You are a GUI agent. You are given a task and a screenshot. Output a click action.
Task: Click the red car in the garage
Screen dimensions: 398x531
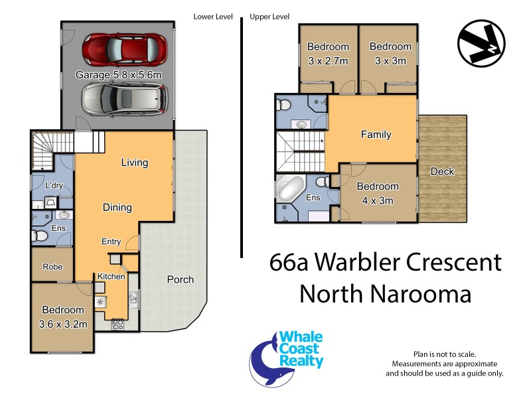(x=124, y=48)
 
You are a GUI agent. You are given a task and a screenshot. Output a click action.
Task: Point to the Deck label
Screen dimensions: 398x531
(x=442, y=171)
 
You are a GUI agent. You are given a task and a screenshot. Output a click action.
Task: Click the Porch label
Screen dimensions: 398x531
(x=180, y=279)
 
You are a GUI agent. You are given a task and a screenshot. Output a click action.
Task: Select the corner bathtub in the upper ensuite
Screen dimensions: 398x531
(x=289, y=190)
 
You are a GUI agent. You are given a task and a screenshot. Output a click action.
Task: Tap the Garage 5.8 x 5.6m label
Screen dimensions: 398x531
(x=119, y=75)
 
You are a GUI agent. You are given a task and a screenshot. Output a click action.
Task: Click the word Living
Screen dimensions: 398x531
(x=135, y=163)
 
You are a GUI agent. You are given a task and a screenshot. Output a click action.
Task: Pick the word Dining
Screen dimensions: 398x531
(x=117, y=207)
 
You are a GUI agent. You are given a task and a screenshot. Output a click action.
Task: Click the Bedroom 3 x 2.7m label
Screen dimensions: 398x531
(x=328, y=53)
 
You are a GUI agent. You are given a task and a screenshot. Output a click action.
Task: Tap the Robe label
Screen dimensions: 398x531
(x=52, y=267)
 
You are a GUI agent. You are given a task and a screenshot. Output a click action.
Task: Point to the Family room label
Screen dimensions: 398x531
(x=376, y=135)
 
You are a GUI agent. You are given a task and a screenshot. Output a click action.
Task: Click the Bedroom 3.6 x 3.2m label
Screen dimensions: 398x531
(x=64, y=316)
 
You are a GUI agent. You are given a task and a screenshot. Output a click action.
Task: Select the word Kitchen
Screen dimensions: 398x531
(x=112, y=276)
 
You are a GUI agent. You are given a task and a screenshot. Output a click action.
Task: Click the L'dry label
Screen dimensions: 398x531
(x=53, y=186)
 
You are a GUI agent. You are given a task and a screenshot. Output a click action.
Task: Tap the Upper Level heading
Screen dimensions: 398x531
(x=269, y=17)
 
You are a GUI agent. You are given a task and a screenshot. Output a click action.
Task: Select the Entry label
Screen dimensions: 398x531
(x=111, y=241)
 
